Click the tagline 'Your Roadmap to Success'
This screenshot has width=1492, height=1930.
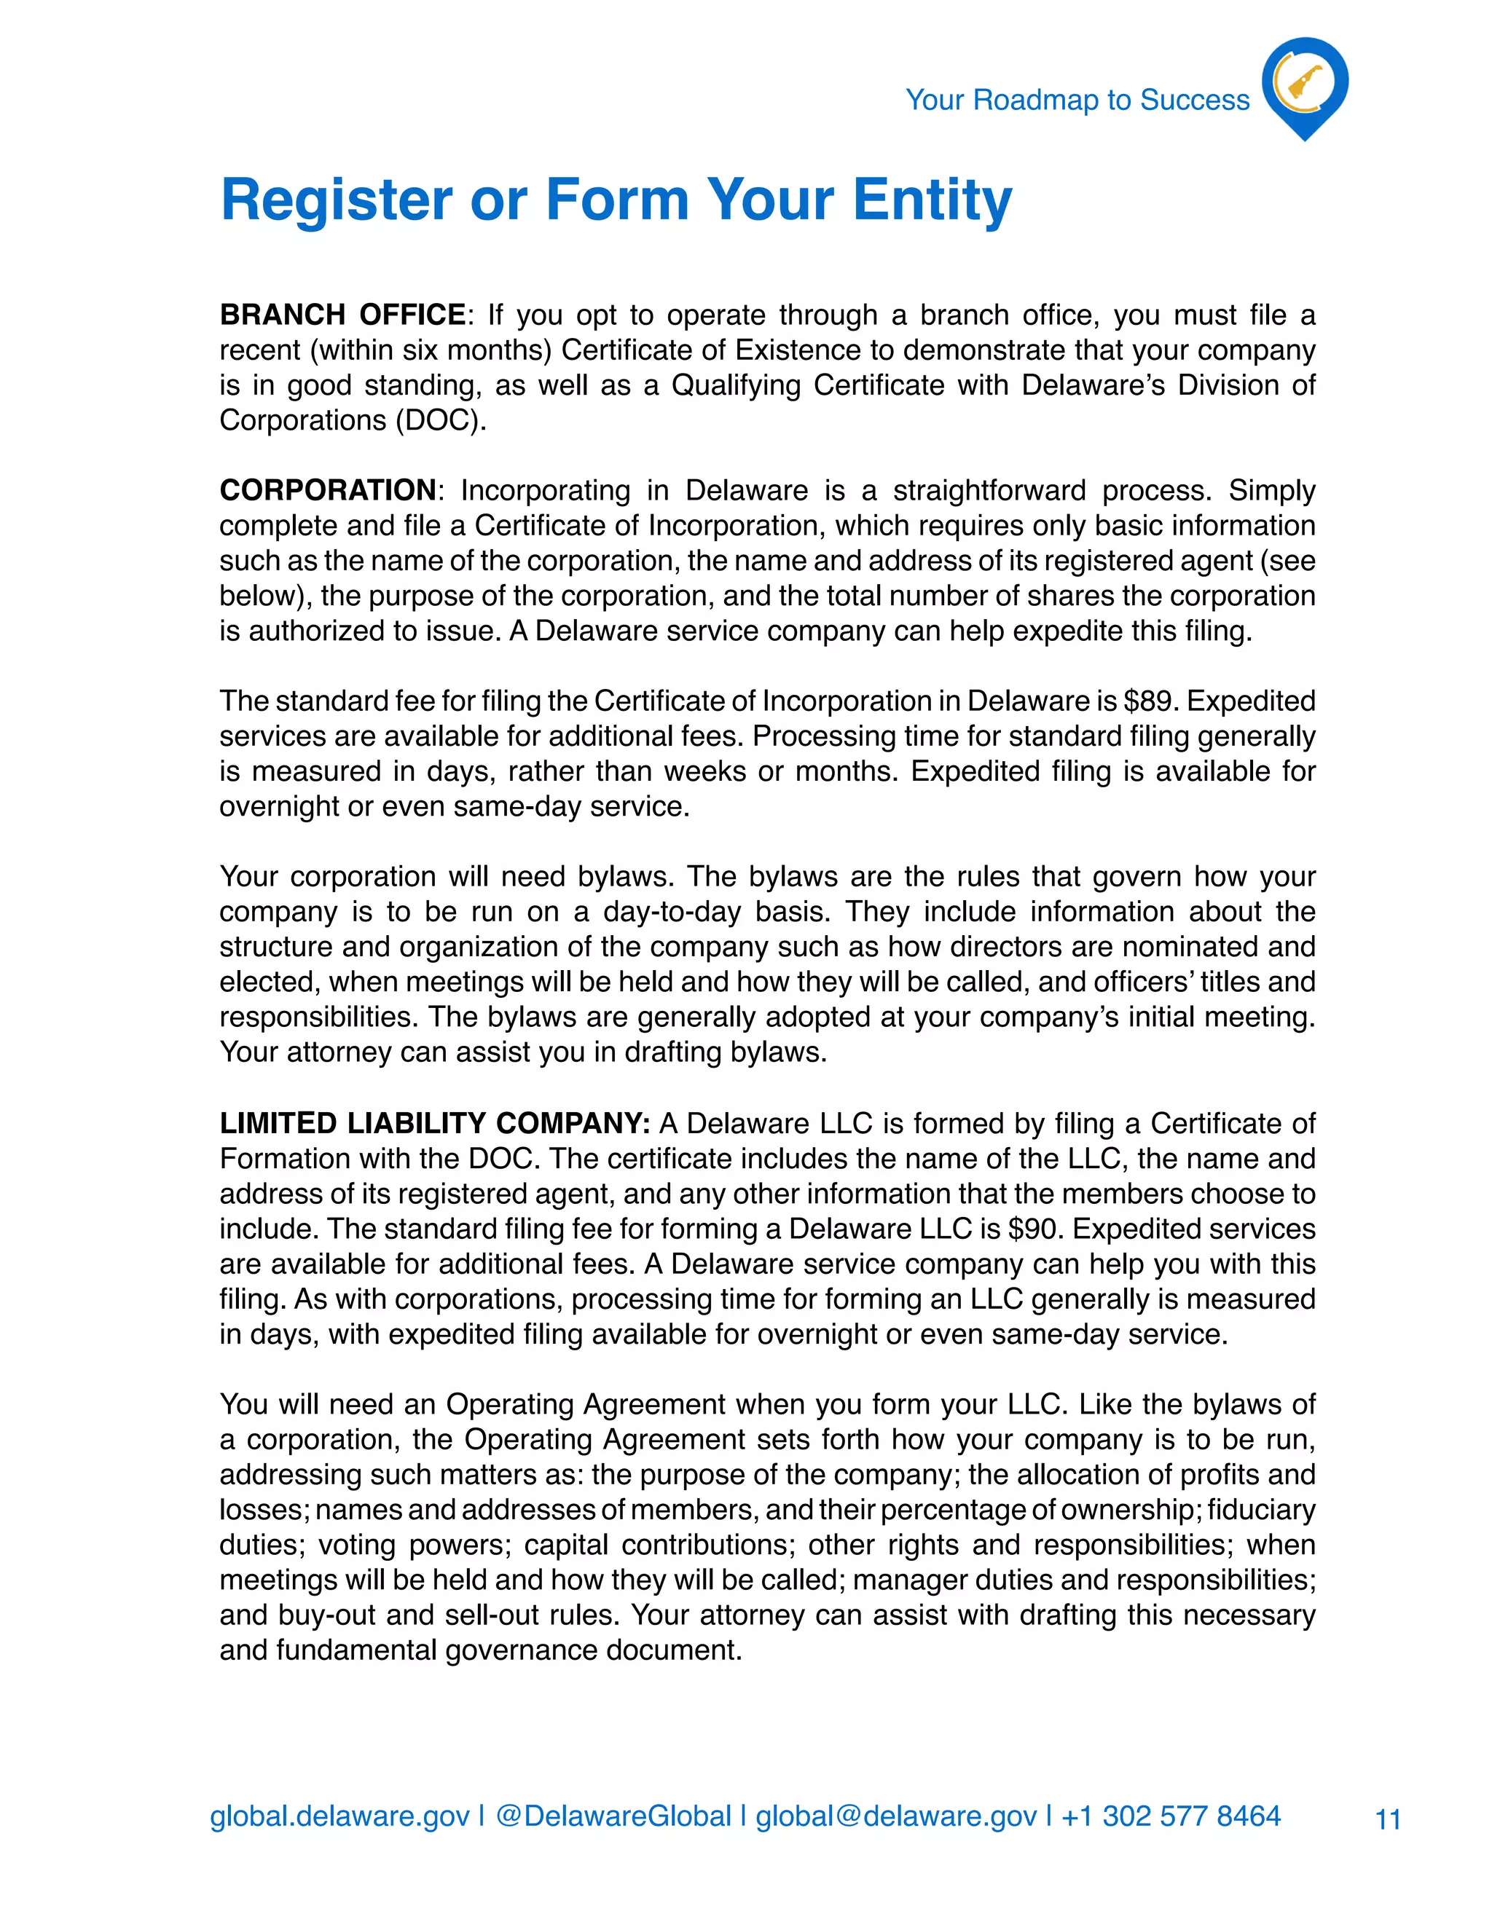click(x=1077, y=100)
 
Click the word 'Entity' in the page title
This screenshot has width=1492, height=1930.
click(x=932, y=200)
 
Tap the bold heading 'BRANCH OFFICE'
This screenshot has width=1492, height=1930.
click(x=342, y=315)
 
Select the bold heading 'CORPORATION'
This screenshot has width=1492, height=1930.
click(x=327, y=489)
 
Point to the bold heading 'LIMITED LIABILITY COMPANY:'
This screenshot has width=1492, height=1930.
click(x=434, y=1123)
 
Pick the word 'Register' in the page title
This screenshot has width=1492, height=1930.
click(x=336, y=200)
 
